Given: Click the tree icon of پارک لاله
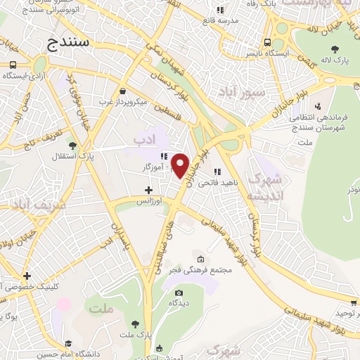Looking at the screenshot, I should click(x=335, y=49).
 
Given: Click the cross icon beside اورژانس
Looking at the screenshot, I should click(x=148, y=190).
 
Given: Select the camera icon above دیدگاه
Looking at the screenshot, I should click(x=179, y=293).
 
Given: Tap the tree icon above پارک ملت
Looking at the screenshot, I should click(x=135, y=324).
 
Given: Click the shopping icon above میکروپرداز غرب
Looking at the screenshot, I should click(x=124, y=91).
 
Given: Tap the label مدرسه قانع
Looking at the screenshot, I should click(x=220, y=20).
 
